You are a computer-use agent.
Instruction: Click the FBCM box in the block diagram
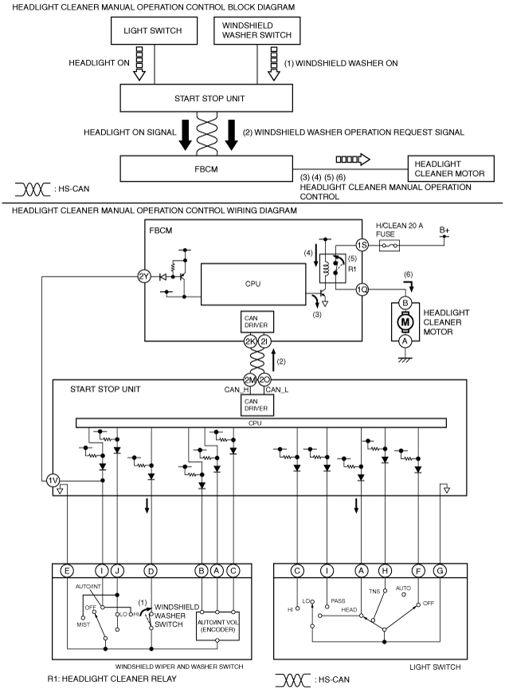coord(206,169)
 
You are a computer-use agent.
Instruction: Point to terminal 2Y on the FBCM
coord(144,277)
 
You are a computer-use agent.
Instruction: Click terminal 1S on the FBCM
coord(362,245)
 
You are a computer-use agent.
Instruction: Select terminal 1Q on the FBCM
coord(362,289)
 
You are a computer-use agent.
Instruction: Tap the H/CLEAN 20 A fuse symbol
coord(390,246)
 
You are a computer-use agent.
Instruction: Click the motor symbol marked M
coord(405,322)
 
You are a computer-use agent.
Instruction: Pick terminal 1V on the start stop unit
coord(53,480)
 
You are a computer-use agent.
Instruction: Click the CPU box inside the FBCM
coord(253,284)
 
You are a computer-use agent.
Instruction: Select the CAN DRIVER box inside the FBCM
coord(256,321)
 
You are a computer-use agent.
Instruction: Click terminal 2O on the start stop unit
coord(264,380)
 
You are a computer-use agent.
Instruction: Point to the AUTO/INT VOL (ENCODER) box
coord(217,626)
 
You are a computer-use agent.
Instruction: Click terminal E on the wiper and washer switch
coord(67,571)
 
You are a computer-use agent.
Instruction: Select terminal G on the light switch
coord(439,571)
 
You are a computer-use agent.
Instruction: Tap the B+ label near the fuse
coord(444,230)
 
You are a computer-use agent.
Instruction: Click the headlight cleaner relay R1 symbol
coord(334,269)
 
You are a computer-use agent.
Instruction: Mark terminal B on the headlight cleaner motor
coord(405,303)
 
